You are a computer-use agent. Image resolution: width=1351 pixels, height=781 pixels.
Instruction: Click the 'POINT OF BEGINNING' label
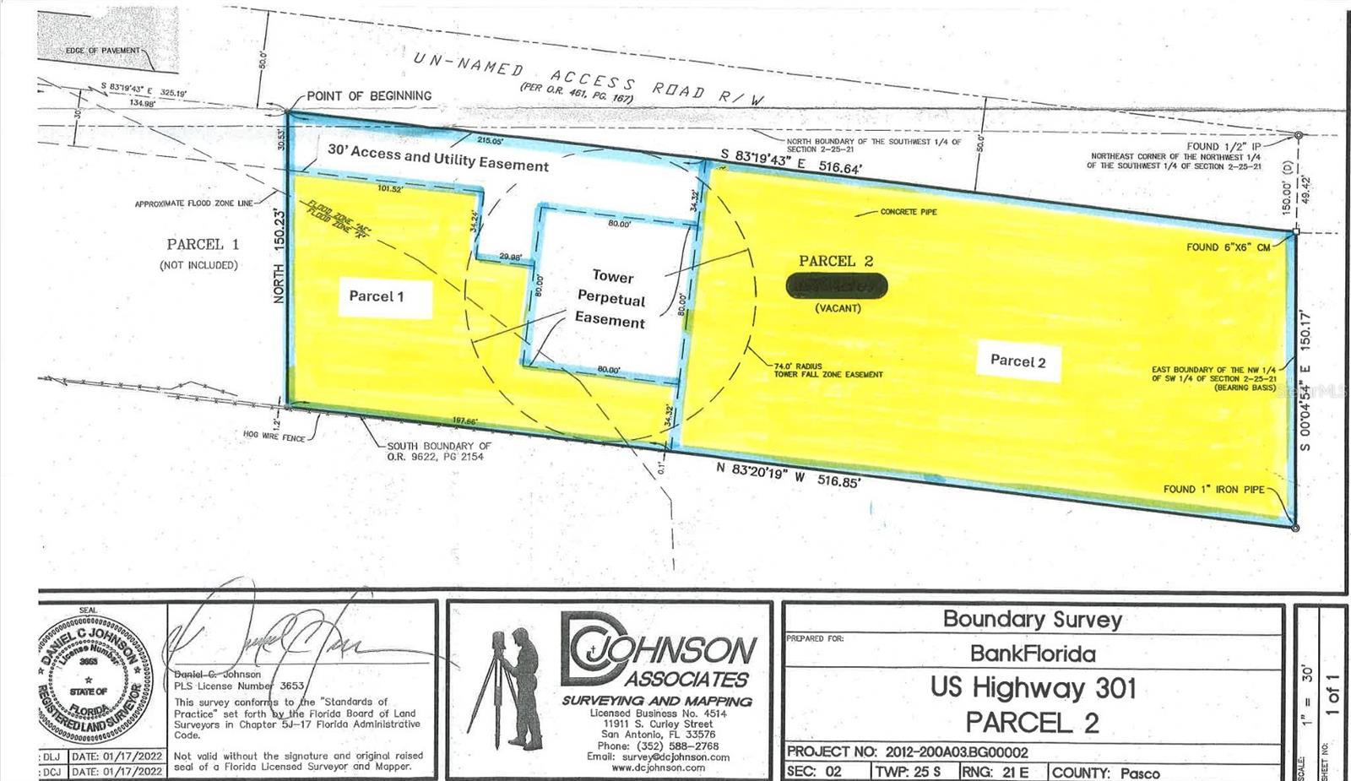point(369,96)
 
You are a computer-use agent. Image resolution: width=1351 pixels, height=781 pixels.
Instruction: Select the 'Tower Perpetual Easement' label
point(611,299)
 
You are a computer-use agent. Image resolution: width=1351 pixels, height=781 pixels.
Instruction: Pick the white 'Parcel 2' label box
point(1017,361)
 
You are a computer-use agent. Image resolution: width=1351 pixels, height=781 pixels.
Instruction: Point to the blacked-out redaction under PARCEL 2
point(837,287)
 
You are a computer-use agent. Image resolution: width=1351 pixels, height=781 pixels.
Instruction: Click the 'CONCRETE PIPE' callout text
point(909,212)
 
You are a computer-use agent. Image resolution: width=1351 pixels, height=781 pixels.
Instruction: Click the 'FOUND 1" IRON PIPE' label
point(1213,489)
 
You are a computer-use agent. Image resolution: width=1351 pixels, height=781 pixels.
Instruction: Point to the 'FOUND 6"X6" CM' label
point(1228,247)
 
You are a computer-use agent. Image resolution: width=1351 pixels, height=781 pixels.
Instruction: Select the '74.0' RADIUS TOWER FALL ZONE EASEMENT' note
point(827,370)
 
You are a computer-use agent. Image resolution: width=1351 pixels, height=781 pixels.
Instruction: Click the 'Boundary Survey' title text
point(1032,619)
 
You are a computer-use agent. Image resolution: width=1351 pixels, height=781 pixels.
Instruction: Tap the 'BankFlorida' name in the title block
point(1033,653)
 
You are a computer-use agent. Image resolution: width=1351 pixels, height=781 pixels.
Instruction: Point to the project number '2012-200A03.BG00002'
point(957,751)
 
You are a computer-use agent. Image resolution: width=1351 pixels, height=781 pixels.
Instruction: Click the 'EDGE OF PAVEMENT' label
point(103,51)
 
